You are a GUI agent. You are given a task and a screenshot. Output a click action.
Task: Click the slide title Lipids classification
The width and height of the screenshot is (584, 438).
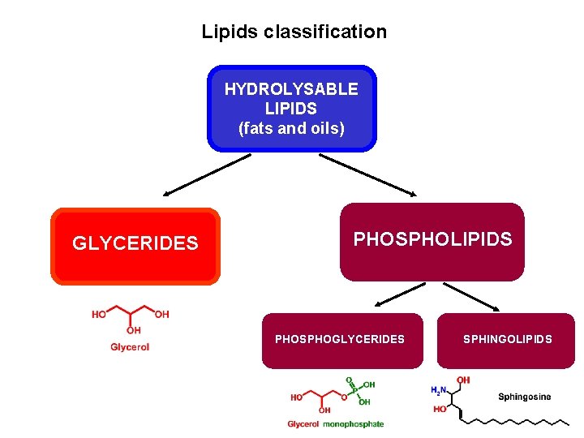[294, 32]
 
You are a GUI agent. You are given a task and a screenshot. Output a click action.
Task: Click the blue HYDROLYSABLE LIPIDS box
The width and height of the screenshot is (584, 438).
[291, 108]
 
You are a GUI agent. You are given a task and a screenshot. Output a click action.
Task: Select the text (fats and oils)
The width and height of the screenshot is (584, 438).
[291, 128]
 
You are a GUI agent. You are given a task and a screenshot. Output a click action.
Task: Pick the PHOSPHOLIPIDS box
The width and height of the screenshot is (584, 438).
[432, 241]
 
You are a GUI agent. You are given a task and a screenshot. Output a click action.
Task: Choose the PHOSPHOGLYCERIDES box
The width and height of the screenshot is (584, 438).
[340, 340]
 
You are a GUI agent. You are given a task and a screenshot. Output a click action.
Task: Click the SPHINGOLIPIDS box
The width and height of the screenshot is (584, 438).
[508, 340]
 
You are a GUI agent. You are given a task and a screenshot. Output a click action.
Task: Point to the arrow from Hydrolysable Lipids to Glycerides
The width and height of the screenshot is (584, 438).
[208, 176]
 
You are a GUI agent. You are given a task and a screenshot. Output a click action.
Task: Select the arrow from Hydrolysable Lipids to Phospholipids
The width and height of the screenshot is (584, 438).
[367, 176]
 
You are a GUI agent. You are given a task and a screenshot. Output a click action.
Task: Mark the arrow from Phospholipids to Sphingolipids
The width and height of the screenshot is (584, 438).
[472, 297]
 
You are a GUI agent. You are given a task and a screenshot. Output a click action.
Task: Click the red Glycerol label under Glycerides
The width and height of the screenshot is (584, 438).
[130, 347]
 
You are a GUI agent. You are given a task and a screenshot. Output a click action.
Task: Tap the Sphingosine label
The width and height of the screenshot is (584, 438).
[524, 397]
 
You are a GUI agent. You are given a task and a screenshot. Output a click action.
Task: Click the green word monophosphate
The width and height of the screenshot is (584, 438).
[354, 424]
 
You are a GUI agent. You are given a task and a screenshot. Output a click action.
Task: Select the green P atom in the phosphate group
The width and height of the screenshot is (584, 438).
[354, 389]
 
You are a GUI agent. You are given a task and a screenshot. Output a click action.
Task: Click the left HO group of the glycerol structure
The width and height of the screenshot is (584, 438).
[98, 315]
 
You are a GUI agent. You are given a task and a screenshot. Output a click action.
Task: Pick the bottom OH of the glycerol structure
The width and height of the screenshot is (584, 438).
[133, 331]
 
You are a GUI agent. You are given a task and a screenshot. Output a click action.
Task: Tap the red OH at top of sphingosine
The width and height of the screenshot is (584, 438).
[463, 380]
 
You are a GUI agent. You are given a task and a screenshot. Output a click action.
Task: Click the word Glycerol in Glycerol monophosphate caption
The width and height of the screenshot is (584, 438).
[303, 424]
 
